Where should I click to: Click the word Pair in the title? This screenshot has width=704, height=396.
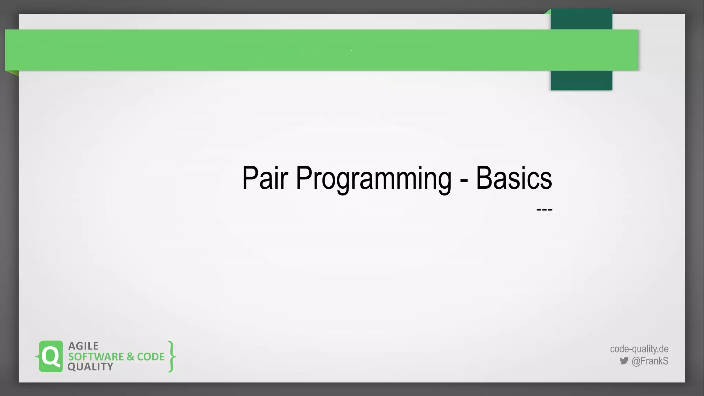pos(265,178)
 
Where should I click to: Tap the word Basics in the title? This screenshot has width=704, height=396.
pos(514,178)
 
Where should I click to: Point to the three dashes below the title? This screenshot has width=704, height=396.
pos(544,209)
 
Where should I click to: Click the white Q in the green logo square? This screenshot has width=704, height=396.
pos(51,356)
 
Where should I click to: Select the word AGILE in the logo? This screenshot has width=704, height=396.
pos(84,346)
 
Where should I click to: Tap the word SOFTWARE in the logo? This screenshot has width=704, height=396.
pos(96,357)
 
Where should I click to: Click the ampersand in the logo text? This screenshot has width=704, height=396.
pos(130,357)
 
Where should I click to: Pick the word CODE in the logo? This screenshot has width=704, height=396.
pos(151,357)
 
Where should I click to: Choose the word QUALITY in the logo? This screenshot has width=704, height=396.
pos(90,367)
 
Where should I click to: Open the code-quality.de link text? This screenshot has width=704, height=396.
pos(639,349)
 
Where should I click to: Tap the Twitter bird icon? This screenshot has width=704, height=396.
pos(624,361)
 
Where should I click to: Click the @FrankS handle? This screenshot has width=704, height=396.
pos(650,361)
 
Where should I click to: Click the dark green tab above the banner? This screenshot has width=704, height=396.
pos(581,19)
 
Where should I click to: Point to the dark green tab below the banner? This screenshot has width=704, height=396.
pos(581,81)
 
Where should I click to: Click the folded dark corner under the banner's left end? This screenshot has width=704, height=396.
pos(12,73)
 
